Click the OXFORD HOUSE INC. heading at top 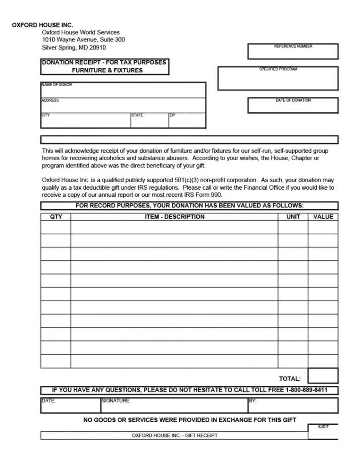point(43,24)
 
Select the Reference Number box point(292,52)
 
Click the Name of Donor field point(123,90)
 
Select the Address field point(123,106)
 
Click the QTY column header point(56,217)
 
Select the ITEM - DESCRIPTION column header point(174,217)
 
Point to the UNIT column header point(293,217)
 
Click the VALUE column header point(323,217)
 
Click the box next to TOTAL point(323,376)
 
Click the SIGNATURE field point(173,406)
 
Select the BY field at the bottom point(292,406)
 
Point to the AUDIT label point(323,427)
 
